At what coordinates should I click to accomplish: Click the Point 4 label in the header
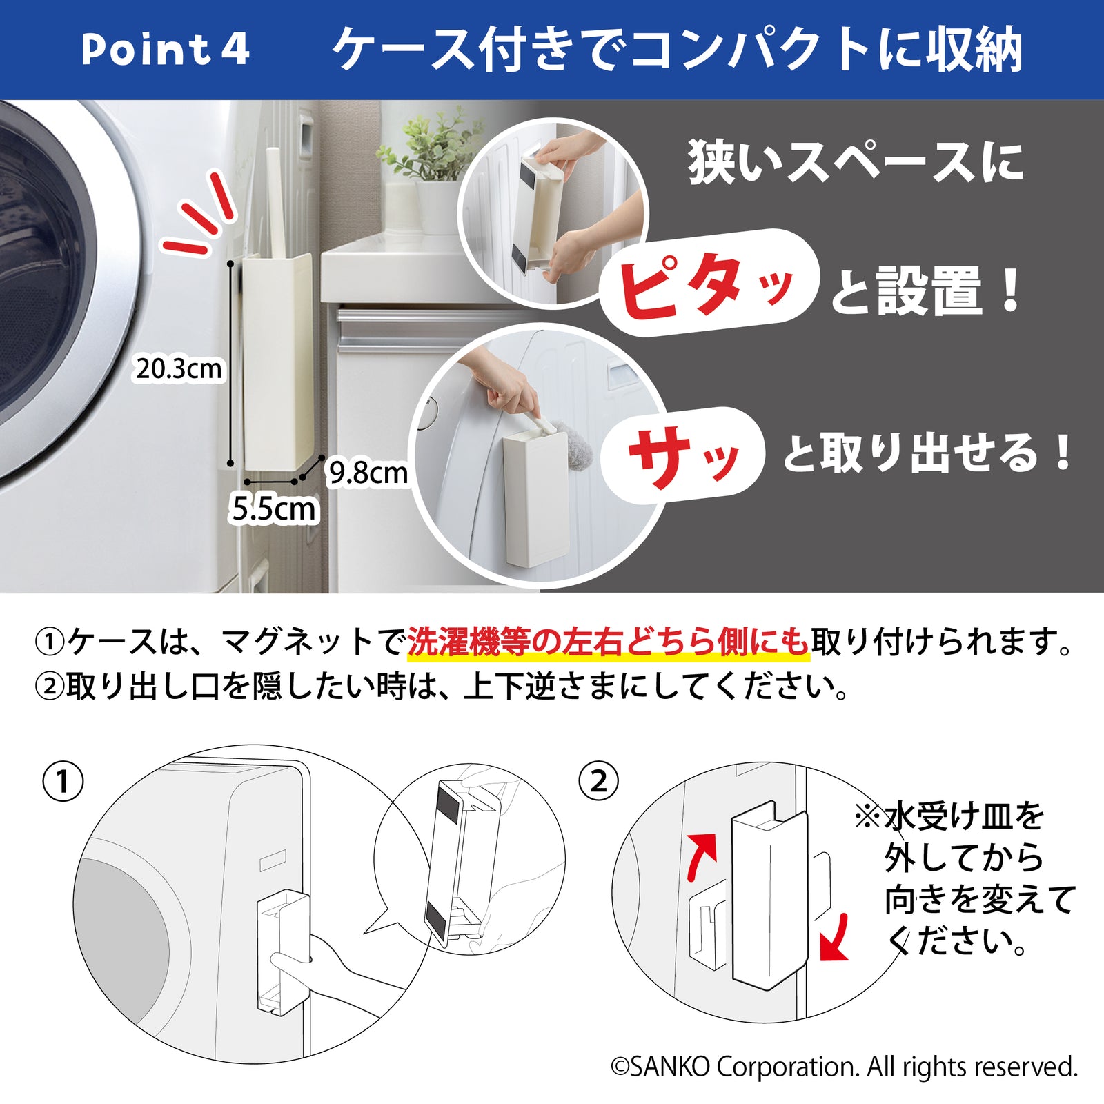click(x=165, y=50)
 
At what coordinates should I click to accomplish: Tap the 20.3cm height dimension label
click(x=179, y=368)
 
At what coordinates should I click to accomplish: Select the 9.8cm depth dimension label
click(x=368, y=473)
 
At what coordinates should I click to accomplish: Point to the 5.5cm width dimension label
click(x=274, y=509)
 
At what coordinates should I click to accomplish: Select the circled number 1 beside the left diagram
click(x=63, y=782)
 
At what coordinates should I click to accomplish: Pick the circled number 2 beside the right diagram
click(x=598, y=782)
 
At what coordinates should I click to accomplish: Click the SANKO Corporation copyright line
click(x=844, y=1067)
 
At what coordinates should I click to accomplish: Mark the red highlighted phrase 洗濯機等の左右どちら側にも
click(x=607, y=642)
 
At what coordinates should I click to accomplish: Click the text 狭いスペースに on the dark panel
click(x=856, y=163)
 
